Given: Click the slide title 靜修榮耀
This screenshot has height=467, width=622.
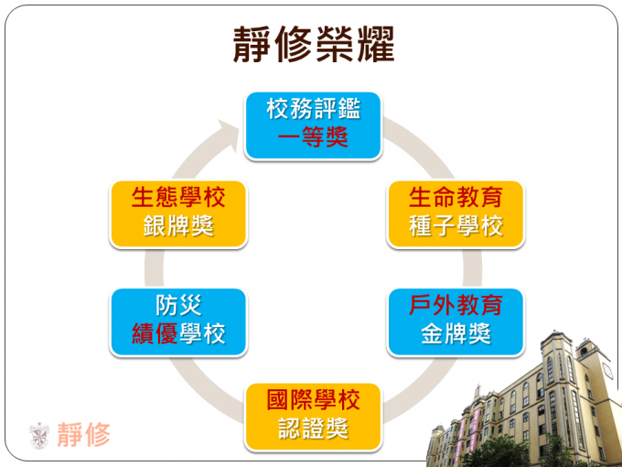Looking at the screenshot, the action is [314, 45].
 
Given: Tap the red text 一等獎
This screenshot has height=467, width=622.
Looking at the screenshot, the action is [313, 137].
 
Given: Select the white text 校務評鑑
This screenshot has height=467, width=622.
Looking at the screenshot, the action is [314, 109].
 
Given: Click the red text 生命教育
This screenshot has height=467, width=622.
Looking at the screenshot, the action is [456, 197].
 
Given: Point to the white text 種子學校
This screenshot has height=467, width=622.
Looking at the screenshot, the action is [456, 225].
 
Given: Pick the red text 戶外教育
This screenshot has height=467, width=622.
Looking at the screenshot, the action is [456, 305].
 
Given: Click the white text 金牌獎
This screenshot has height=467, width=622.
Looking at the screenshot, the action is [456, 333].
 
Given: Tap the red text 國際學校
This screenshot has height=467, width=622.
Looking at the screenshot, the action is [314, 399].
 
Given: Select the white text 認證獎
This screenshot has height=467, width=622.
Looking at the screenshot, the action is [314, 429].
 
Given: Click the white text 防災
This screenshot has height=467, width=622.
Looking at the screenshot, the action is [178, 305].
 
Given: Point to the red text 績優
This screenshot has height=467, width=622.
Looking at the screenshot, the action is [155, 333].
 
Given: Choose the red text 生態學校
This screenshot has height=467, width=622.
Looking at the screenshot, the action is [178, 197].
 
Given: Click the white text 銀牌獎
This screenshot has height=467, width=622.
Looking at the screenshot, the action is [178, 225].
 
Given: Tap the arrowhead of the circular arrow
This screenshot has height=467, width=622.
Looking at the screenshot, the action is [231, 133].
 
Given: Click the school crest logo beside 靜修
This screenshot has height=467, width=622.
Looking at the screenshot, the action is [39, 435].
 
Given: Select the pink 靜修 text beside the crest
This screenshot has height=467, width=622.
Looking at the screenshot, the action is [84, 435].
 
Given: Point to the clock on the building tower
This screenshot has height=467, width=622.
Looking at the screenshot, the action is [607, 371].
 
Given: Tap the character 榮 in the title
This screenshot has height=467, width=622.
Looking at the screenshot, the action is [334, 45].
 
